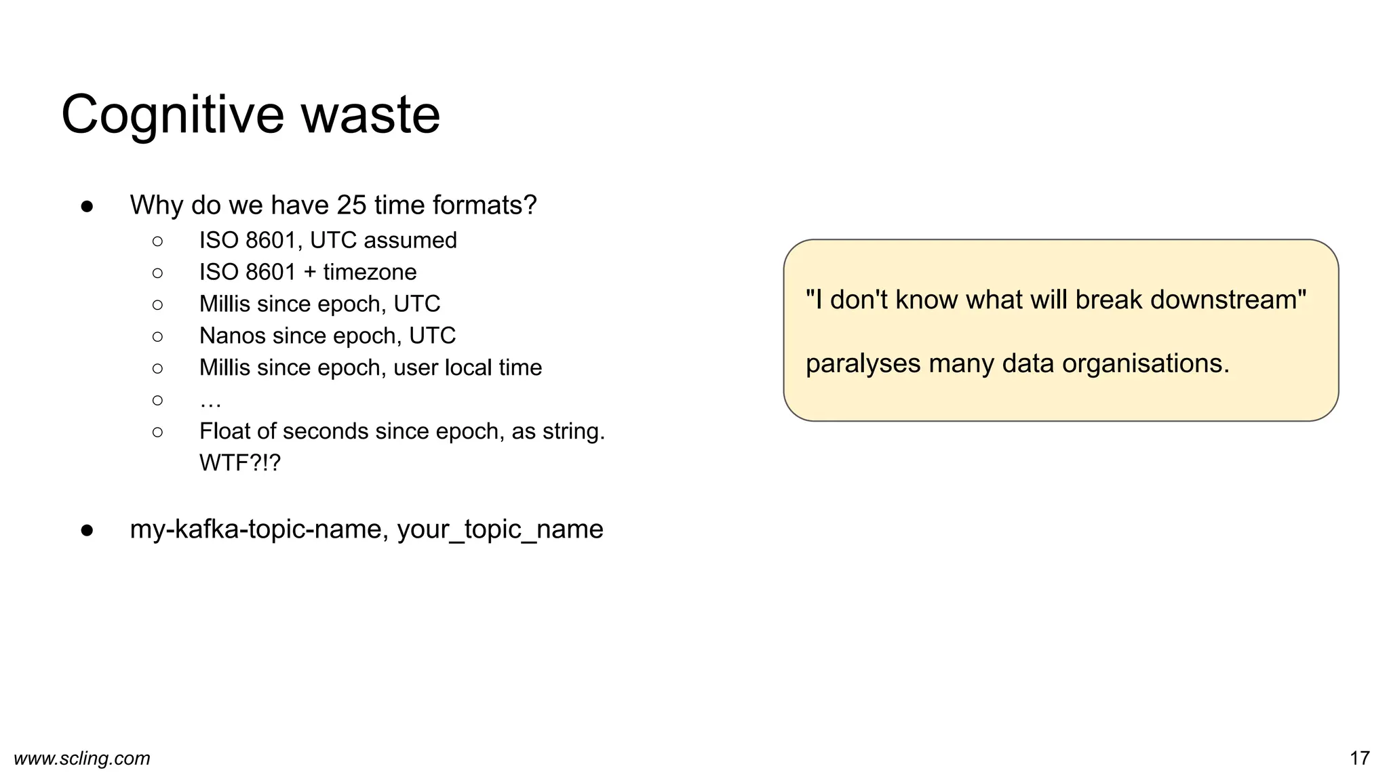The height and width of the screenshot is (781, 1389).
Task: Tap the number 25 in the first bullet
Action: (x=351, y=205)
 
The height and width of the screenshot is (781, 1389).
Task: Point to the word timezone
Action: (x=370, y=273)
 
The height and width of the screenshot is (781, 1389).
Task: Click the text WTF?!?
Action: (x=239, y=464)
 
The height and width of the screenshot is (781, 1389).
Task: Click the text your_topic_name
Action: (x=500, y=529)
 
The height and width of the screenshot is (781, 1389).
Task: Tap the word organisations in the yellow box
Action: (x=1146, y=364)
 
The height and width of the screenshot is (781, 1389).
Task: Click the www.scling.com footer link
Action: (x=82, y=759)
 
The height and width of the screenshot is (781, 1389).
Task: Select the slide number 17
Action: (x=1359, y=759)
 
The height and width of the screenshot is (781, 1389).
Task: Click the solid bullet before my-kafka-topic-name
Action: (x=87, y=530)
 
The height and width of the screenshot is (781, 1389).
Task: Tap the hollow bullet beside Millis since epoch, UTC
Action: (x=157, y=305)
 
